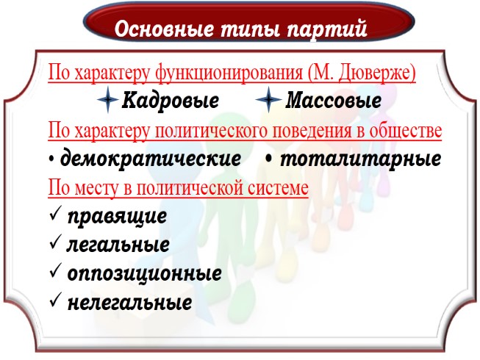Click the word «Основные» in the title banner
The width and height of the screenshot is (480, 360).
(157, 30)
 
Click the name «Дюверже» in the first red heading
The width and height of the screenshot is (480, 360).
(376, 73)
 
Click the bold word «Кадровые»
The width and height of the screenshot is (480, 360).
(171, 99)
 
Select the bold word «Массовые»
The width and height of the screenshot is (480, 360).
(333, 99)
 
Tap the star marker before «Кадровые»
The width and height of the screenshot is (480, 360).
(107, 99)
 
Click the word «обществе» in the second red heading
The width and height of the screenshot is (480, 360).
(408, 132)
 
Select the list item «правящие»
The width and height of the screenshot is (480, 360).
(116, 216)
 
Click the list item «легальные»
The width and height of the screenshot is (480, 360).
(118, 245)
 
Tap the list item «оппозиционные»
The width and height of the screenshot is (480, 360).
(144, 273)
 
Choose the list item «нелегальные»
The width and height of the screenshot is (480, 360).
(129, 302)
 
